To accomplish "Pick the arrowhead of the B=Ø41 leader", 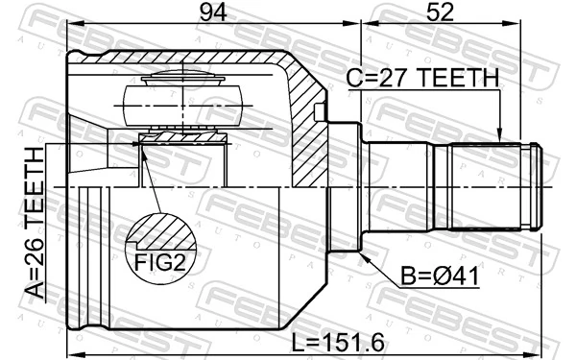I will tap(366, 252).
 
